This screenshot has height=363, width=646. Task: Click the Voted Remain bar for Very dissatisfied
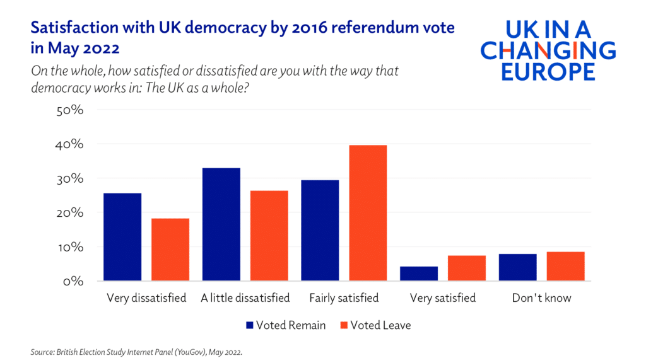pyautogui.click(x=122, y=237)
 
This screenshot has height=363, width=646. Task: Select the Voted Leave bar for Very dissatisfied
pyautogui.click(x=170, y=250)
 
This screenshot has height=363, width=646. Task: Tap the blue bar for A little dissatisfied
pyautogui.click(x=221, y=224)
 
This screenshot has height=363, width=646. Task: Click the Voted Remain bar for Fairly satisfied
pyautogui.click(x=320, y=231)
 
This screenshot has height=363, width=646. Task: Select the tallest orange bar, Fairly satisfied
pyautogui.click(x=368, y=213)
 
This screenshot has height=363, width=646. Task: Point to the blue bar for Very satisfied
pyautogui.click(x=419, y=274)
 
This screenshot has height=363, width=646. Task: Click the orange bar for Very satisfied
pyautogui.click(x=467, y=268)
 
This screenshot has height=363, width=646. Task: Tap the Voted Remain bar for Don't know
pyautogui.click(x=517, y=267)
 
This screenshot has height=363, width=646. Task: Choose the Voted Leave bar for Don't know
pyautogui.click(x=566, y=267)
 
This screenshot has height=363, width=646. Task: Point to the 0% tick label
pyautogui.click(x=73, y=281)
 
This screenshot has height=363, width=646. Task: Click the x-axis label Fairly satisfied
pyautogui.click(x=344, y=298)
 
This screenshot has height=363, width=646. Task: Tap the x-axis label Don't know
pyautogui.click(x=541, y=298)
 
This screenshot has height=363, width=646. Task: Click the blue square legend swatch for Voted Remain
pyautogui.click(x=249, y=326)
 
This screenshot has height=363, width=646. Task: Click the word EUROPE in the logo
pyautogui.click(x=548, y=71)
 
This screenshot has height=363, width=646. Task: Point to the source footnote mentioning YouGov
pyautogui.click(x=136, y=352)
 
